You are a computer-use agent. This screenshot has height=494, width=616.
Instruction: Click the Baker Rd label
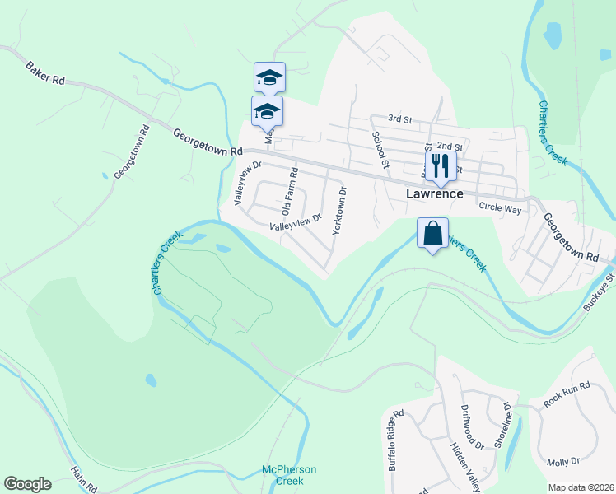pyautogui.click(x=44, y=74)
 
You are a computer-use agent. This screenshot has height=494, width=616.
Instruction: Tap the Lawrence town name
pyautogui.click(x=434, y=194)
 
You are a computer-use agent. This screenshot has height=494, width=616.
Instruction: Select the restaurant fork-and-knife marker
pyautogui.click(x=441, y=166)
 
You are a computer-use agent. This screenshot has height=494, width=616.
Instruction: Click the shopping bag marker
pyautogui.click(x=432, y=234)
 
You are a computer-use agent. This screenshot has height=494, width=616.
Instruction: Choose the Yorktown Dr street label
pyautogui.click(x=339, y=212)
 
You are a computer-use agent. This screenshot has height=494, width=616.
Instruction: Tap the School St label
pyautogui.click(x=380, y=148)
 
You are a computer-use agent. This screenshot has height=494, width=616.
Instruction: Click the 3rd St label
pyautogui.click(x=399, y=119)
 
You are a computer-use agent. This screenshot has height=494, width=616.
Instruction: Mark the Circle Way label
pyautogui.click(x=501, y=210)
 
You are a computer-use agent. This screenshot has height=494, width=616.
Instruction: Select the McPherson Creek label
pyautogui.click(x=289, y=474)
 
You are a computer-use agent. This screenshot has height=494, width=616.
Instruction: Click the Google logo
pyautogui.click(x=27, y=484)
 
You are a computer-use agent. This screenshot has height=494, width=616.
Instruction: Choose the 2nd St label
pyautogui.click(x=450, y=147)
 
